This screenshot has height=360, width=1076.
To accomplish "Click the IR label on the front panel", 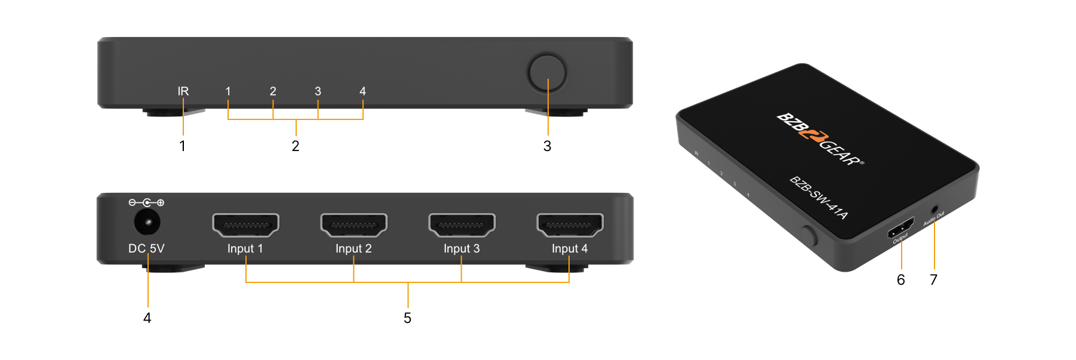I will (x=183, y=91).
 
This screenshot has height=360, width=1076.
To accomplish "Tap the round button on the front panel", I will (x=547, y=73).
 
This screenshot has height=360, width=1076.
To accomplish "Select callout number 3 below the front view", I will (x=547, y=146).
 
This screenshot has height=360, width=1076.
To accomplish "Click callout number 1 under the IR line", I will (x=182, y=146).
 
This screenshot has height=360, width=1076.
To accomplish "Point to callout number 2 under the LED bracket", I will (x=296, y=146).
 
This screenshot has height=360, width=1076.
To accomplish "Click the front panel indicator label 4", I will (x=362, y=91).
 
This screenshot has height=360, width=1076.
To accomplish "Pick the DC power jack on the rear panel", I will (x=146, y=223).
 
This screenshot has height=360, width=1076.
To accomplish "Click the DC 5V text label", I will (x=146, y=248).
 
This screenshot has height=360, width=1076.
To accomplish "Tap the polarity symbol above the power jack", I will (x=146, y=203).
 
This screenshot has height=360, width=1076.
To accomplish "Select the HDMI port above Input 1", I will (x=245, y=225).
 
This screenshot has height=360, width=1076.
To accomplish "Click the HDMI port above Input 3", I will (x=462, y=225).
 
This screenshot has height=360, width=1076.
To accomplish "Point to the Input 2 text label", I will (x=353, y=248).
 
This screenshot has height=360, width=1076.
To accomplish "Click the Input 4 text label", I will (x=570, y=248).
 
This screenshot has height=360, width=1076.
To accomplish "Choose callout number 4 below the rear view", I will (x=147, y=318).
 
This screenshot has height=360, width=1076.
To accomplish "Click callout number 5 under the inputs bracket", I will (x=407, y=318).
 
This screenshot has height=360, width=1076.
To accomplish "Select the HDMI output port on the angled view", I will (x=900, y=228).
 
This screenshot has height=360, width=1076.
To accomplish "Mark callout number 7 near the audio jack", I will (x=934, y=279).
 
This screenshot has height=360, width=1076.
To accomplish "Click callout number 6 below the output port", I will (x=901, y=279).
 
